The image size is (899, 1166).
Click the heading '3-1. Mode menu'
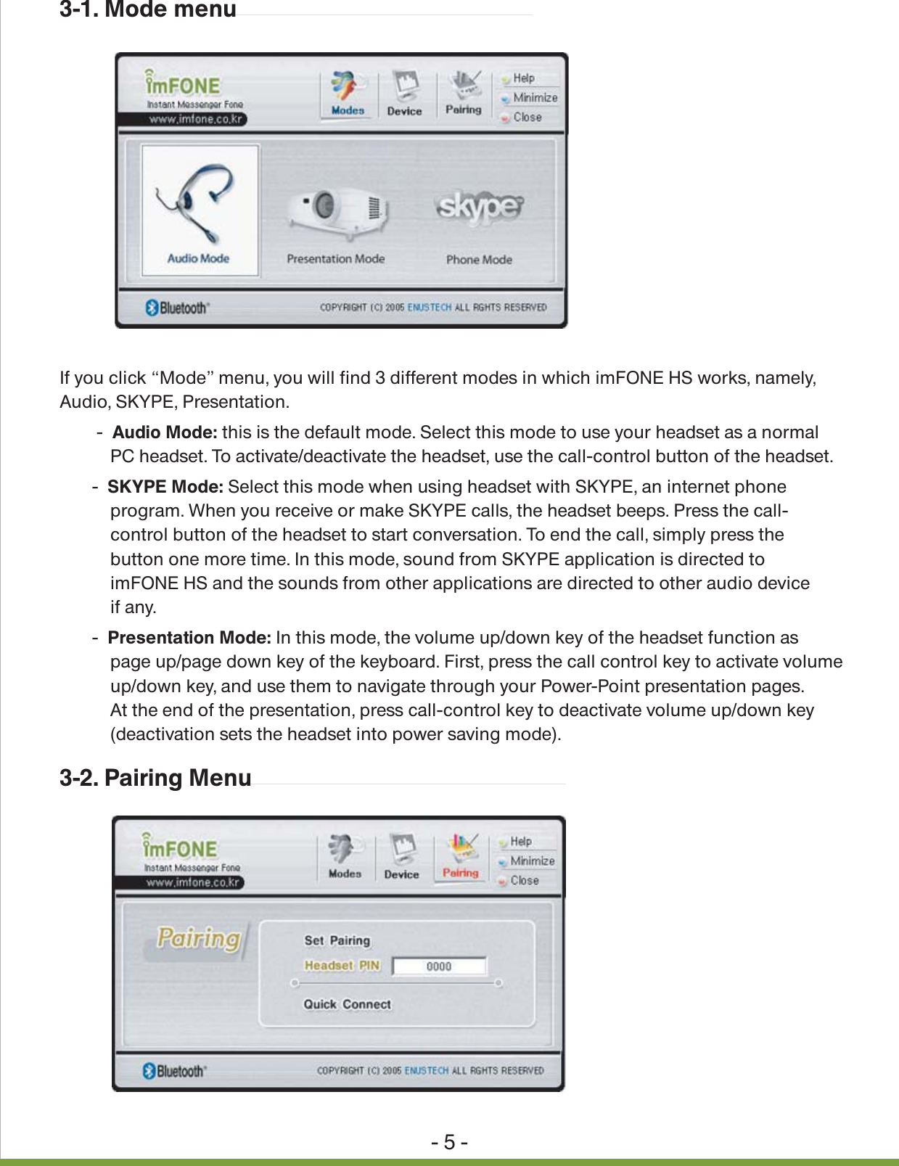[x=148, y=10]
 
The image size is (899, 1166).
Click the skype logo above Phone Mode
[x=479, y=208]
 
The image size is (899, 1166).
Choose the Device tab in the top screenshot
[x=404, y=94]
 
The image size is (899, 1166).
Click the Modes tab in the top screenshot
[x=348, y=94]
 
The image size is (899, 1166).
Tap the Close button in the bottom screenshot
[x=524, y=880]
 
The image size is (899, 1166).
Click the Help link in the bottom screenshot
[x=520, y=841]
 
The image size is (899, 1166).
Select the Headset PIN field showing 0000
[x=439, y=966]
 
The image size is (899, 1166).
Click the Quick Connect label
[x=347, y=1004]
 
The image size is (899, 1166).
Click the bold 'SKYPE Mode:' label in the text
[x=165, y=487]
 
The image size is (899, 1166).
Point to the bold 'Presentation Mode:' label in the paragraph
[x=189, y=638]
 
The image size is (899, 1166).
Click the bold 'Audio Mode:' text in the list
[x=165, y=432]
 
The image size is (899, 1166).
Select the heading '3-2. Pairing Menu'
[x=155, y=778]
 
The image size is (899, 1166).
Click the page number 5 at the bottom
[x=449, y=1143]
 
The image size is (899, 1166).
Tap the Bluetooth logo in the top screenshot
[x=178, y=308]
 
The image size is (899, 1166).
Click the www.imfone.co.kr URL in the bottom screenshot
[x=193, y=882]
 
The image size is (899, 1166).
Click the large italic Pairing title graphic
[x=199, y=938]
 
